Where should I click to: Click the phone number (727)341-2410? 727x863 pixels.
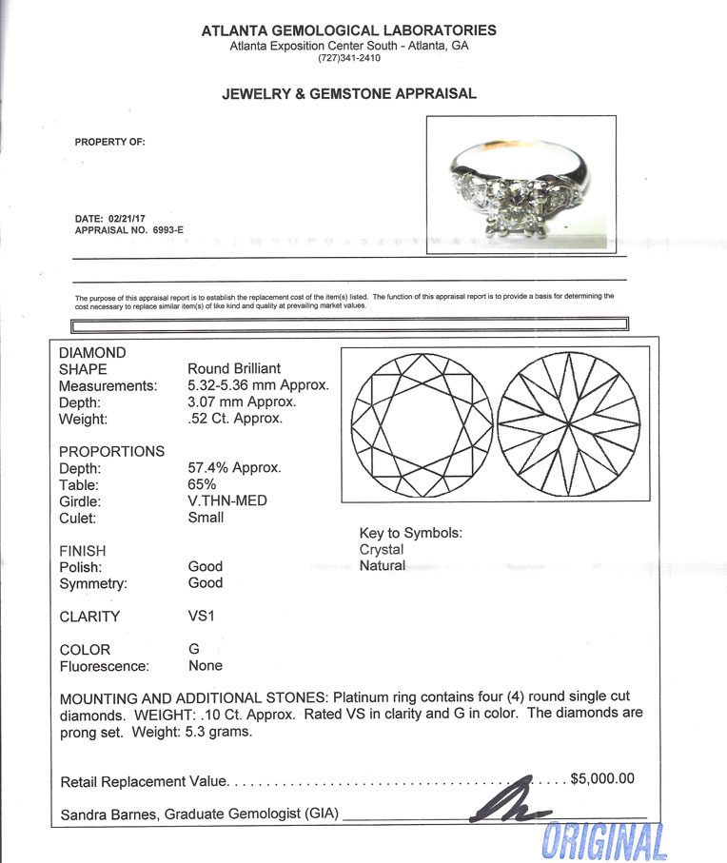(x=348, y=58)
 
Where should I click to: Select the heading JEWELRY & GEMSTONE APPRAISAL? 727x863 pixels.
(x=348, y=94)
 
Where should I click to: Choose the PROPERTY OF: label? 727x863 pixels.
(x=109, y=142)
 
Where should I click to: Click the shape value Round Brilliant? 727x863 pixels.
(x=234, y=369)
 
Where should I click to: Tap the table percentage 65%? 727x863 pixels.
(x=203, y=484)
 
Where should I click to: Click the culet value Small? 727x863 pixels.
(x=206, y=518)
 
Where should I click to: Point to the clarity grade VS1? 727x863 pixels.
(x=202, y=616)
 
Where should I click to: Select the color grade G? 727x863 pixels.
(x=194, y=650)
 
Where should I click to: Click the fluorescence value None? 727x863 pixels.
(x=206, y=666)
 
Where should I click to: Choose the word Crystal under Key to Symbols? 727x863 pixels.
(x=381, y=550)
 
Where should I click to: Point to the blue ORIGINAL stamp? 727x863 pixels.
(x=603, y=840)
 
